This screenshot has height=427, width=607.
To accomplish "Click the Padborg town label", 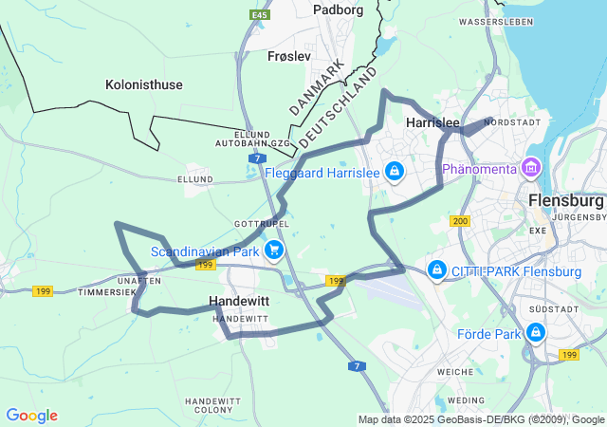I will point(339,9).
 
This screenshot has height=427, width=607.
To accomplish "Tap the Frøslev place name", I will point(289,56).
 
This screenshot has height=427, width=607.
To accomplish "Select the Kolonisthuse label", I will point(143,84).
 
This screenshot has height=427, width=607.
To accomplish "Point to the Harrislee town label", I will point(432,123).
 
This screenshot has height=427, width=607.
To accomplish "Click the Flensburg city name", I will point(565,201).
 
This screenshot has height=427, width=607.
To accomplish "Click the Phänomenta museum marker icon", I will point(531,169).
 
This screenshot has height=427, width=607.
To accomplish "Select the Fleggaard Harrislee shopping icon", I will point(394,172).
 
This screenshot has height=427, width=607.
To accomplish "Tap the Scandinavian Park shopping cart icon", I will point(274,251).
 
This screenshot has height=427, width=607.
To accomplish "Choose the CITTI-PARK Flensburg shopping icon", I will point(436,271).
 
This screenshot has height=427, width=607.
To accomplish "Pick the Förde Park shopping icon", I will point(536,333).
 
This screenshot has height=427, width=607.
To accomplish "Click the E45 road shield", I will point(258,15).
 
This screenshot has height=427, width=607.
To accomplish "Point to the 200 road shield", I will point(461,221).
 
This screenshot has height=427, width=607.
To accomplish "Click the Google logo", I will point(31,416).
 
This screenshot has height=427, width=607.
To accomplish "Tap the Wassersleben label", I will point(491,21).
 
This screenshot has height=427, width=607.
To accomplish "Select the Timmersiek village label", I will point(107,292).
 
